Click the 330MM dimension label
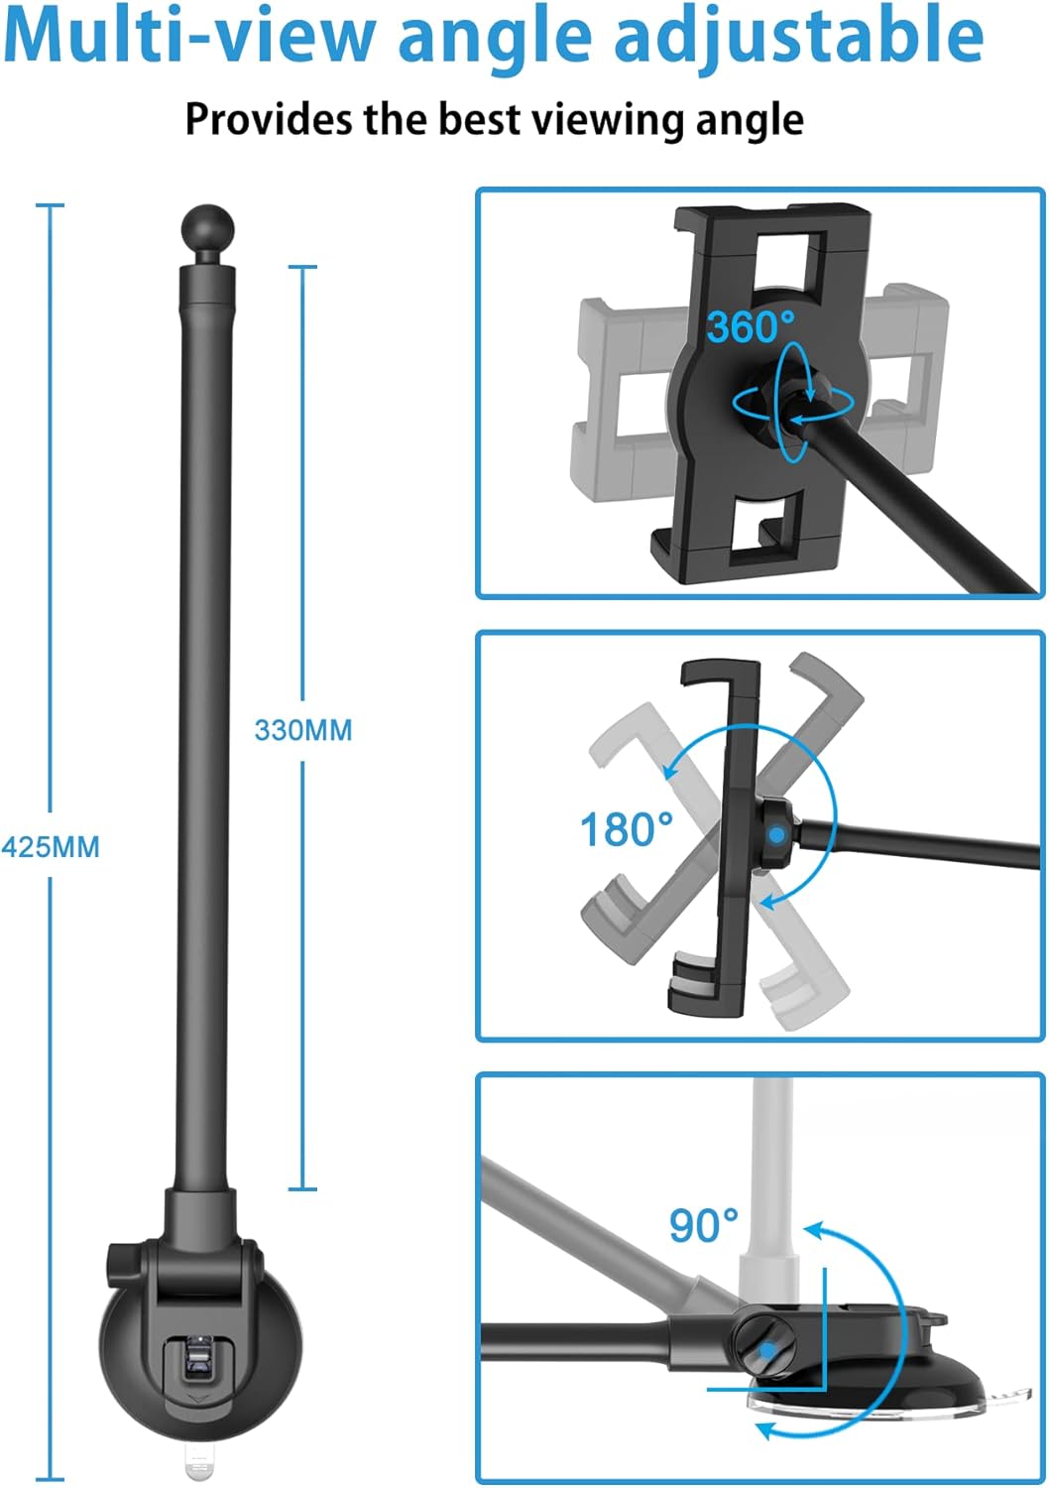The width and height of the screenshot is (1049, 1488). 303,730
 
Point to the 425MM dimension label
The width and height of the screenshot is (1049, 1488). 51,847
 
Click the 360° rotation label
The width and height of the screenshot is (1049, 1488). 751,327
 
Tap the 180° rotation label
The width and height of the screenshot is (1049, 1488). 626,829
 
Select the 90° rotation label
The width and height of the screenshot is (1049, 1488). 704,1226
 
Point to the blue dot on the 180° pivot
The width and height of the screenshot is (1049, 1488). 776,835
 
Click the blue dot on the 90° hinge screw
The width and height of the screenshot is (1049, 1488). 766,1351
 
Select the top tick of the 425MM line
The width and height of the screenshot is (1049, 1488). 51,205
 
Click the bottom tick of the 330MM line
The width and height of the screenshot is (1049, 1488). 302,1188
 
